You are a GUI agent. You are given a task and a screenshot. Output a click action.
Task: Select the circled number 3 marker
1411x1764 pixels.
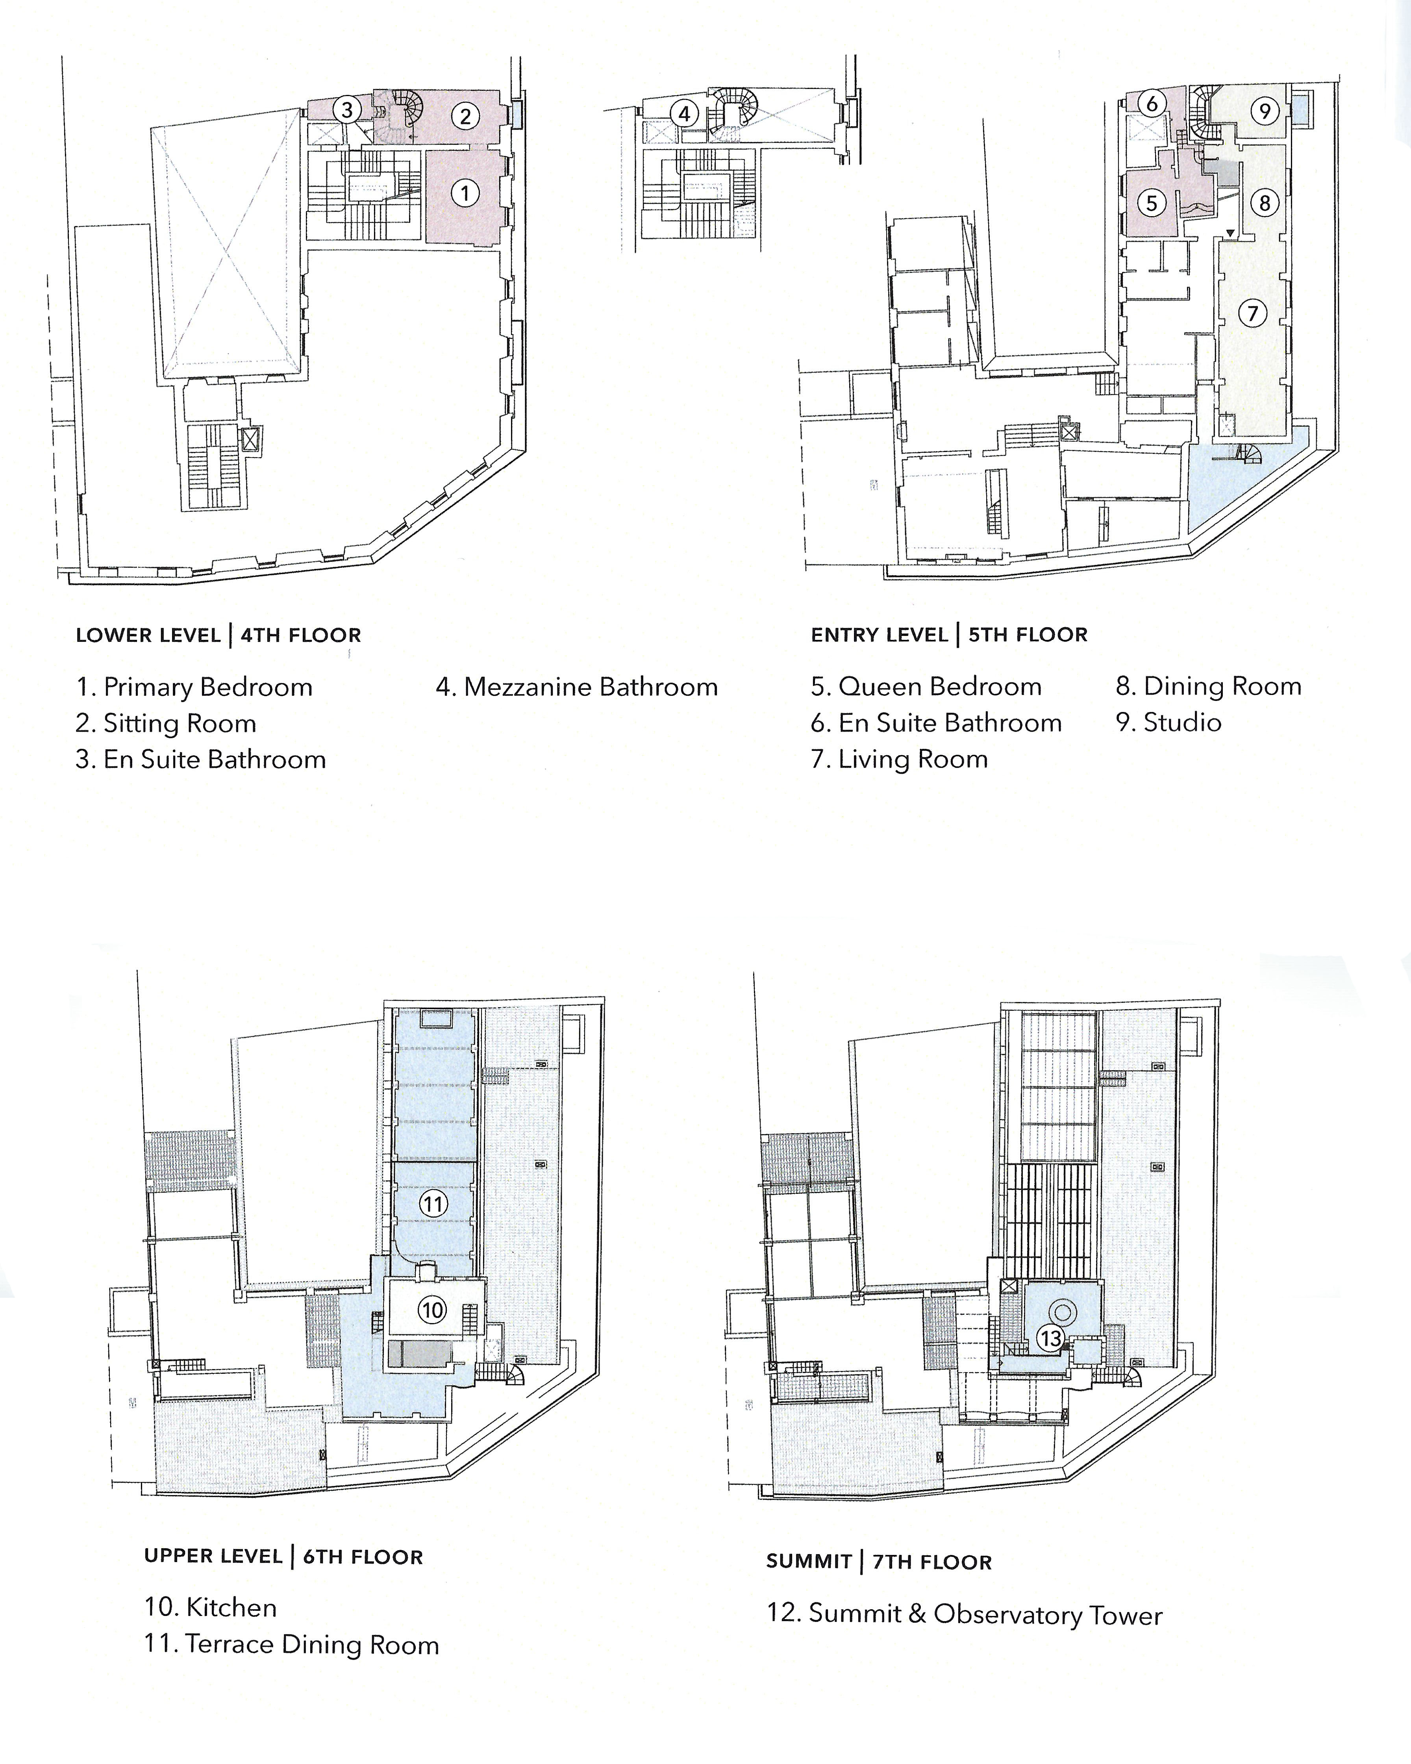point(347,109)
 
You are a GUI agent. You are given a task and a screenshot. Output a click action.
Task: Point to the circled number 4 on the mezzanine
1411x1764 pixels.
point(685,114)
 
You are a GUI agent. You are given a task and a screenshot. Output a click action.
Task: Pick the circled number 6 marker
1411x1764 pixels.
point(1152,103)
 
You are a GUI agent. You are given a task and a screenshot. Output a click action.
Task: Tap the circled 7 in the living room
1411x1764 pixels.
point(1252,313)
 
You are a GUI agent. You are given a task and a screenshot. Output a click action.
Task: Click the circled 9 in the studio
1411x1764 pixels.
point(1265,111)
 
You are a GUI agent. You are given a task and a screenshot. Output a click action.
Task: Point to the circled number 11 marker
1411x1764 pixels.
point(433,1204)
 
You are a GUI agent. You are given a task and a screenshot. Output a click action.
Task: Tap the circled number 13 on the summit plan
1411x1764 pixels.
point(1050,1338)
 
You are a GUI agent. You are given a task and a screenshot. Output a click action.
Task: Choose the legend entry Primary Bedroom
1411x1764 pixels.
point(208,687)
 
